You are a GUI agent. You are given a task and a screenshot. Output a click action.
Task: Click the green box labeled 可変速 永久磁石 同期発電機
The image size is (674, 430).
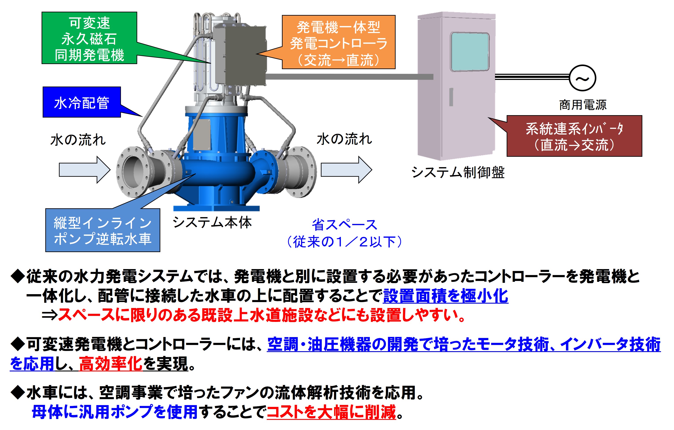[x=89, y=38]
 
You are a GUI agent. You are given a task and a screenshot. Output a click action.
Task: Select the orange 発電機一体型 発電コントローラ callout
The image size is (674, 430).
[x=338, y=42]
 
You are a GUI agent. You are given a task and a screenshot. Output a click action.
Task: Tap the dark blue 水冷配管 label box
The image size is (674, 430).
[x=81, y=102]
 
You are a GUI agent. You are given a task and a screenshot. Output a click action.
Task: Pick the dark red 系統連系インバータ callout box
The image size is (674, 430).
[x=574, y=136]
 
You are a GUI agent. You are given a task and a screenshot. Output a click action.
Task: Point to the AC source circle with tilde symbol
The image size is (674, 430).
[x=582, y=78]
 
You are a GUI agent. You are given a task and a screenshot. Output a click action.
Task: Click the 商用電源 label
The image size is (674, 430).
[x=583, y=105]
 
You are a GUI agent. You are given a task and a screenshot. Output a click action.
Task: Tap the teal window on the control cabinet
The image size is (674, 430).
[x=470, y=52]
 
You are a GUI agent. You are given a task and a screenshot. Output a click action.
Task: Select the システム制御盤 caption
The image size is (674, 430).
[x=458, y=172]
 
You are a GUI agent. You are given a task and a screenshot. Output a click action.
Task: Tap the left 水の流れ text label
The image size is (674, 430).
[x=78, y=140]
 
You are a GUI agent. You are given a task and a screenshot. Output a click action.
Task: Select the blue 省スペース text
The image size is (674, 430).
[x=345, y=225]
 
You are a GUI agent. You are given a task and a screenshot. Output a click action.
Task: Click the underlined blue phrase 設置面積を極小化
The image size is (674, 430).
[x=445, y=296]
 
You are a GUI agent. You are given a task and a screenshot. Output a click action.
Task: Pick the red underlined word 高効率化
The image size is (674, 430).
[x=111, y=364]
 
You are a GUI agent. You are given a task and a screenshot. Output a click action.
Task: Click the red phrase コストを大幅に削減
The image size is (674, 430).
[x=331, y=412]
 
